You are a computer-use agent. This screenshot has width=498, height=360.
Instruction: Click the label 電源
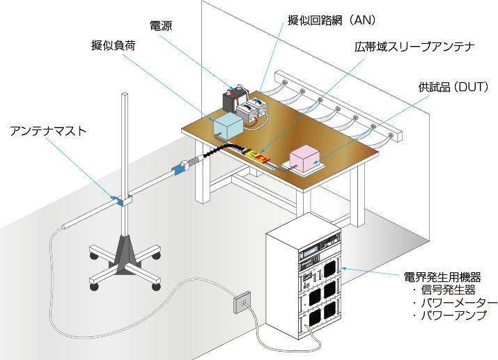(x=161, y=26)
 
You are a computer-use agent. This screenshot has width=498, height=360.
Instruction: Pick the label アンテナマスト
(x=48, y=131)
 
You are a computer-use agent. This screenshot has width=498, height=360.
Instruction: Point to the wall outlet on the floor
(x=242, y=303)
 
